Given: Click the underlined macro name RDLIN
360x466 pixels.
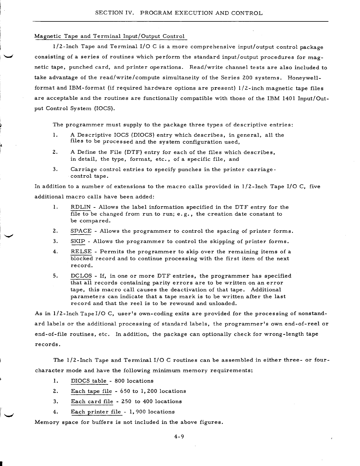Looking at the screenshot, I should tap(80, 207).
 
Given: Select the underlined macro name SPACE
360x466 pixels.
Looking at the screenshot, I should tap(81, 231).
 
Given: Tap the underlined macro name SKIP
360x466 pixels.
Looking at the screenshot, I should tap(78, 242).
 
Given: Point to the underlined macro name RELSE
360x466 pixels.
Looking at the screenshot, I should tap(81, 252).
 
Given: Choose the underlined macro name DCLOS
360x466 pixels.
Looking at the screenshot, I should tap(81, 276).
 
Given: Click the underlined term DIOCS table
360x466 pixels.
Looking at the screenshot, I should tap(88, 381).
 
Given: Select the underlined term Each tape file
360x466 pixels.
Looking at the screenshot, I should tap(91, 391).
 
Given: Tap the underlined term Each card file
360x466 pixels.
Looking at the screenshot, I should tap(92, 401).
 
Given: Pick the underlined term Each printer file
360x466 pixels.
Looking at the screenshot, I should tap(96, 412).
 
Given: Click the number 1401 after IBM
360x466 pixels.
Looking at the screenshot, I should tap(288, 98).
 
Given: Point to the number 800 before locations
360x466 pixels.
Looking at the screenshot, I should tap(120, 381).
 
